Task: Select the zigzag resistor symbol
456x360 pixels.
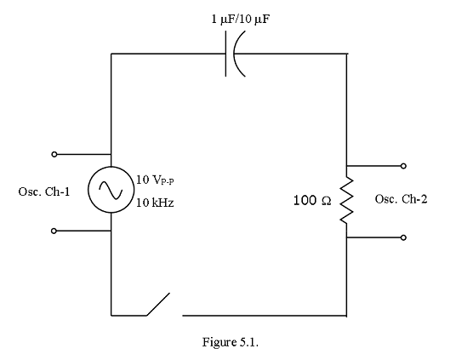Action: [x=346, y=200]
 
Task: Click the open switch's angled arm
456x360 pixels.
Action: [x=158, y=304]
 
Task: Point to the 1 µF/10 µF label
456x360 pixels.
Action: [x=241, y=20]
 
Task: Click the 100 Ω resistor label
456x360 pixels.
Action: [x=312, y=200]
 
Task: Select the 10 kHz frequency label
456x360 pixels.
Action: [x=155, y=203]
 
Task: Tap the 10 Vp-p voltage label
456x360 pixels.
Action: [x=155, y=180]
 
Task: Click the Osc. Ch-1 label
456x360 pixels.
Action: [x=44, y=191]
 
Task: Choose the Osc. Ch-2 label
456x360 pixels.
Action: [x=401, y=199]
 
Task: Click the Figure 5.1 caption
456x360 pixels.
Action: [x=231, y=342]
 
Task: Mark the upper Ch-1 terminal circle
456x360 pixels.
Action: [x=54, y=154]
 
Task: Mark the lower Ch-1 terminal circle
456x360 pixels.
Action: [x=54, y=231]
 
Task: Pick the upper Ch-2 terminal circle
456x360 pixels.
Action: [x=403, y=166]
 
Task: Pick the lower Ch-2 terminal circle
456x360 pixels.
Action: [x=403, y=237]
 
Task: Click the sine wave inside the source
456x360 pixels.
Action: [x=111, y=190]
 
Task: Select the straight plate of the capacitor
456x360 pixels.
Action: [x=225, y=54]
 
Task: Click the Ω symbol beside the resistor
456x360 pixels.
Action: [x=327, y=201]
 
